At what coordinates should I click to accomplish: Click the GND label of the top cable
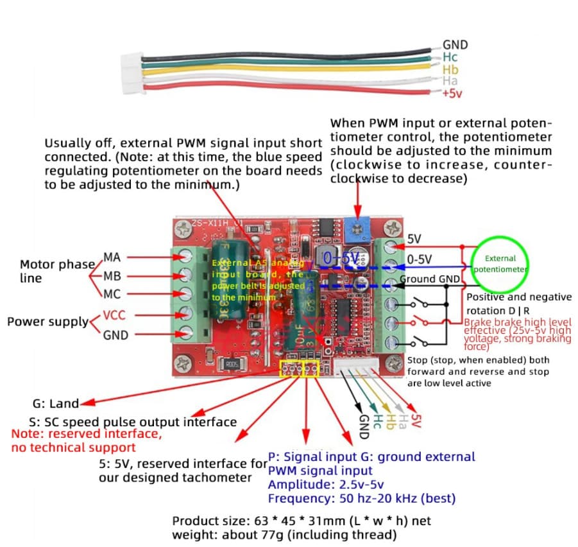pos(455,45)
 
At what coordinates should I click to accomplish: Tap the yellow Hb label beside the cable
pos(450,69)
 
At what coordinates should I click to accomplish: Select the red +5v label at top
pos(452,94)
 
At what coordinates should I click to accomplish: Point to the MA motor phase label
pos(112,257)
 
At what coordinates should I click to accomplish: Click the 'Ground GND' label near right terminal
pos(430,279)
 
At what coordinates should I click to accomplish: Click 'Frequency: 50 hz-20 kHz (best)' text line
pos(362,498)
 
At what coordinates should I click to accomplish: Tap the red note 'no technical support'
pos(74,447)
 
